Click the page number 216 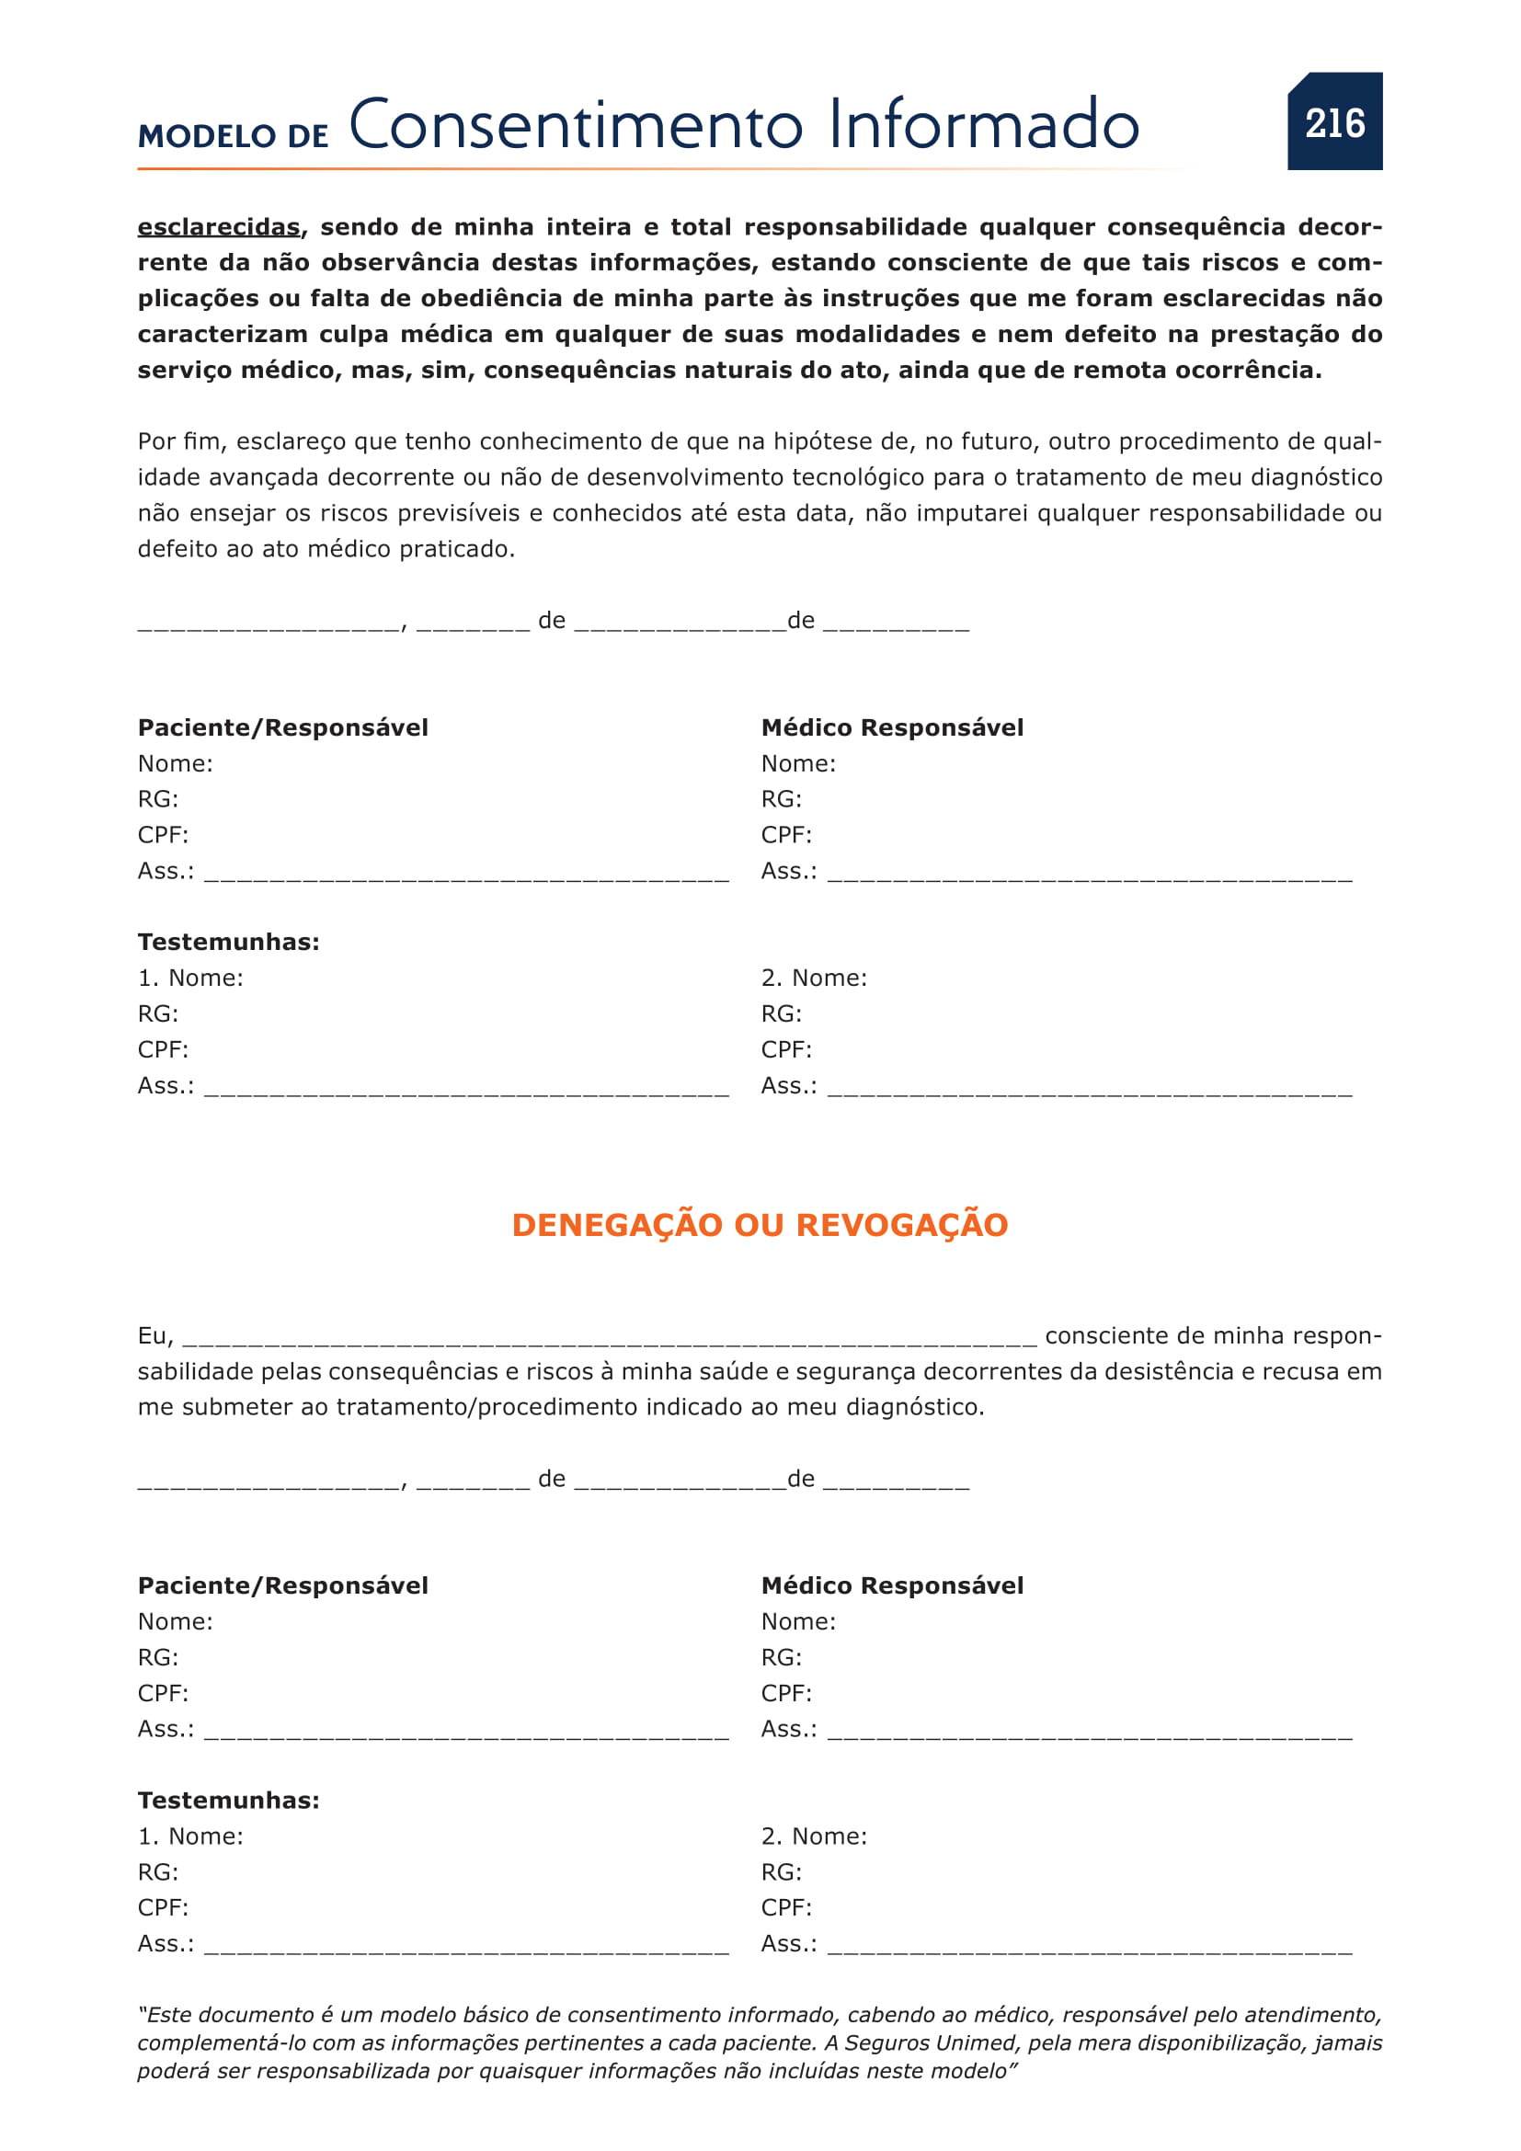point(1334,123)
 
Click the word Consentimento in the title point(576,124)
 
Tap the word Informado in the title point(983,124)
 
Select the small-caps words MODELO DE point(234,137)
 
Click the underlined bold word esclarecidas point(219,228)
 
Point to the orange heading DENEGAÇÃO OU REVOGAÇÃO point(760,1225)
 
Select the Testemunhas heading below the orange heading point(229,1801)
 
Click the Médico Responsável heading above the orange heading point(892,728)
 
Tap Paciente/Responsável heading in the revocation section point(283,1586)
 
